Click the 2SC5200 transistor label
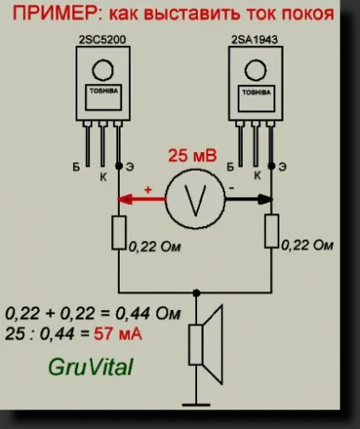pyautogui.click(x=102, y=40)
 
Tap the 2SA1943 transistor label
pyautogui.click(x=255, y=40)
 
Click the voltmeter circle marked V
pyautogui.click(x=195, y=199)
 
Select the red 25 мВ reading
pyautogui.click(x=193, y=155)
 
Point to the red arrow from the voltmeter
pyautogui.click(x=141, y=200)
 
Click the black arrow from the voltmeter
pyautogui.click(x=249, y=200)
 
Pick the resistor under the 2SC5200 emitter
pyautogui.click(x=119, y=233)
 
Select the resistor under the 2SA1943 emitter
pyautogui.click(x=272, y=231)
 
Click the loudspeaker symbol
pyautogui.click(x=206, y=344)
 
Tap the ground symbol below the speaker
pyautogui.click(x=196, y=405)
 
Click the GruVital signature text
pyautogui.click(x=91, y=367)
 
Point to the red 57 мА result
pyautogui.click(x=118, y=334)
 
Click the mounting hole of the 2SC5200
pyautogui.click(x=103, y=70)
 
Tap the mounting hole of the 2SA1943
pyautogui.click(x=256, y=71)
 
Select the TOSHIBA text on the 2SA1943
pyautogui.click(x=256, y=93)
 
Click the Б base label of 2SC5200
pyautogui.click(x=76, y=167)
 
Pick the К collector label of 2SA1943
pyautogui.click(x=257, y=176)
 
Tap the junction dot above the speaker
pyautogui.click(x=196, y=293)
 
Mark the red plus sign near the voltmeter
pyautogui.click(x=148, y=189)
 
